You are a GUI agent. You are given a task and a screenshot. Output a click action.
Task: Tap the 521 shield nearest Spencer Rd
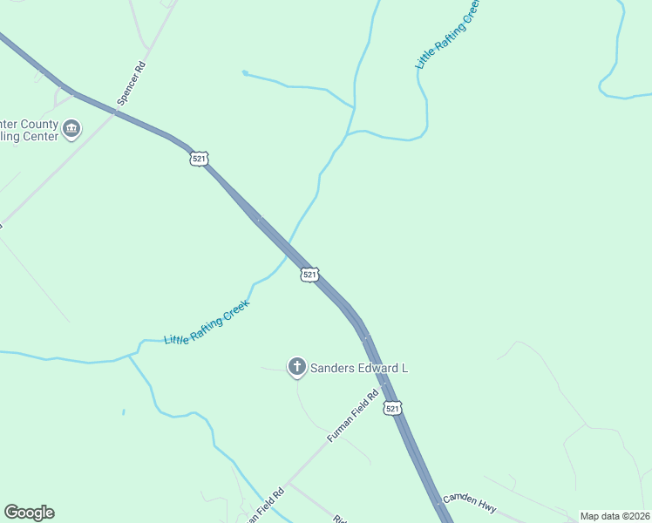click(199, 158)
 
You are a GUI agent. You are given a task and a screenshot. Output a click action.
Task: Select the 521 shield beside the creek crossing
click(309, 275)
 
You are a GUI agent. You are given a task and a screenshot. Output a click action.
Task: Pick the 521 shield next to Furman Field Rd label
click(393, 408)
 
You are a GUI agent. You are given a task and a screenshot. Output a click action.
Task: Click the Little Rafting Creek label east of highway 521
click(447, 35)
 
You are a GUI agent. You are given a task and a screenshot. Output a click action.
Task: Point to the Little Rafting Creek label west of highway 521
click(207, 322)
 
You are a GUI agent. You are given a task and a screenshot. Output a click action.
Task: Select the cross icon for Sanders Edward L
click(296, 368)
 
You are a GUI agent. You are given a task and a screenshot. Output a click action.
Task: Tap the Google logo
click(29, 513)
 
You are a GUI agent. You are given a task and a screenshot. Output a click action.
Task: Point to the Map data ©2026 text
click(615, 516)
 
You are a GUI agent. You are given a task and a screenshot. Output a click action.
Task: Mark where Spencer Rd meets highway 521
click(115, 111)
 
